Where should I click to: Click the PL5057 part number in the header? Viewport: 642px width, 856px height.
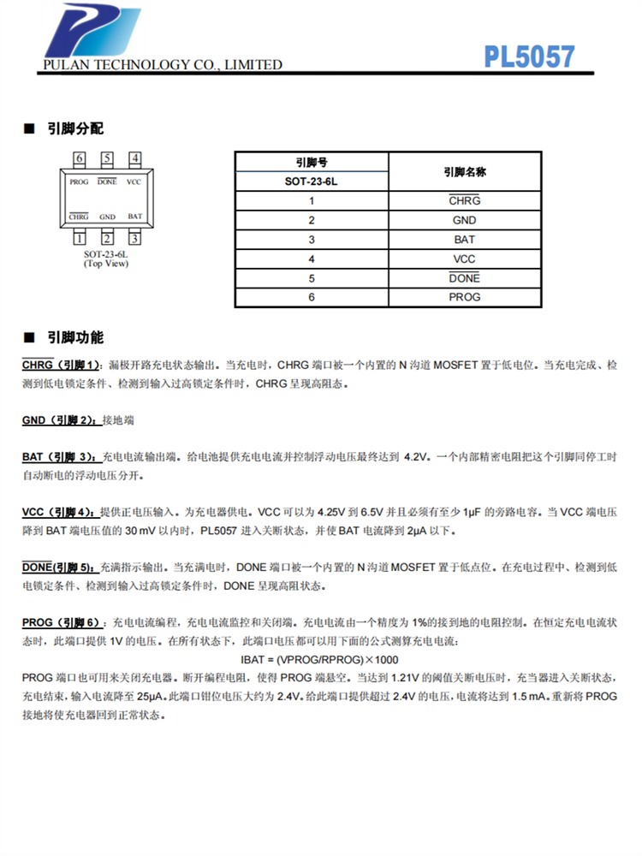pos(529,56)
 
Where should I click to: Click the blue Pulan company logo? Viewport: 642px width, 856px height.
pos(92,33)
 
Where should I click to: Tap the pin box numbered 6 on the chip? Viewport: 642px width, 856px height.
pos(80,158)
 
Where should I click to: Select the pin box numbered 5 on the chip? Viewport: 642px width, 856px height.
pos(107,158)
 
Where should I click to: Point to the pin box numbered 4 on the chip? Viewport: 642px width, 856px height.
pos(135,158)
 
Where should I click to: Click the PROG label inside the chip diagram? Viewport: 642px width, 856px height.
pos(80,182)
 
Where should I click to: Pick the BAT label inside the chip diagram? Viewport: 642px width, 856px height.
pos(135,217)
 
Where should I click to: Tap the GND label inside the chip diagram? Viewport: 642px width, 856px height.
pos(107,217)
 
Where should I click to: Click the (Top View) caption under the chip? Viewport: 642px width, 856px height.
pos(106,263)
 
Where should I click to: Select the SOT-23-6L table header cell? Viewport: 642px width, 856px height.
pos(312,181)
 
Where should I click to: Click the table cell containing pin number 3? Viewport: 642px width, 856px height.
pos(312,240)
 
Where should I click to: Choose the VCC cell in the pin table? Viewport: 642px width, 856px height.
pos(465,259)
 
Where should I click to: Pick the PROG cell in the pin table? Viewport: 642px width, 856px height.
pos(465,297)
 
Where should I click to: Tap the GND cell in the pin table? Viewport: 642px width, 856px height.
pos(465,220)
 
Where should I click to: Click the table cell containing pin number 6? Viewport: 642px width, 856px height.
pos(312,297)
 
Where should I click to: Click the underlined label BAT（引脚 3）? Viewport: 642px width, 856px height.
pos(61,457)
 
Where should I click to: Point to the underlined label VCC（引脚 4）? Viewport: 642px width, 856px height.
pos(60,512)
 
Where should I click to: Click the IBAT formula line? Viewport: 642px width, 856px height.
pos(319,660)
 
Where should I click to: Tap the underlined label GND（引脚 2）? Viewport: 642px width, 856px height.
pos(60,420)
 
